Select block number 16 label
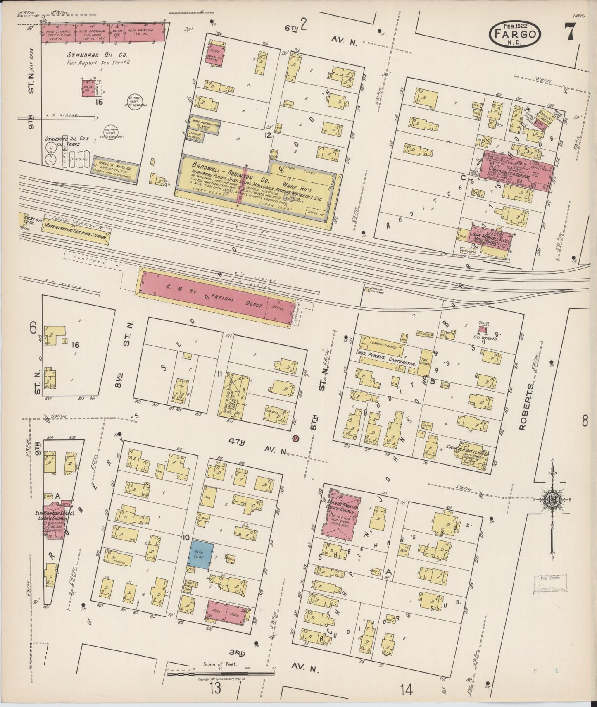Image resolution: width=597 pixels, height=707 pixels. click(x=75, y=344)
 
